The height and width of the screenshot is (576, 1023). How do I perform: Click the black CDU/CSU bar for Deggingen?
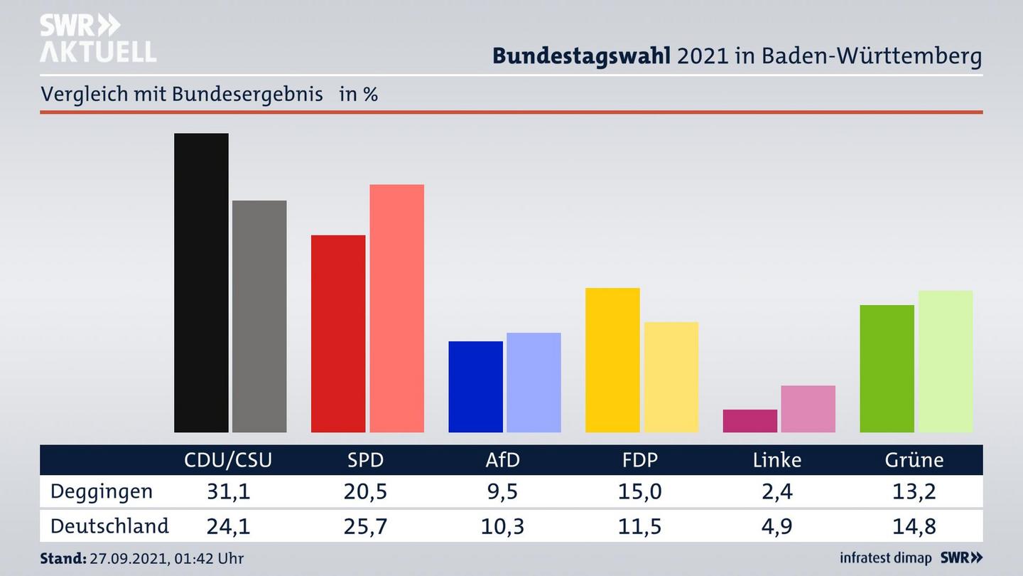(x=201, y=282)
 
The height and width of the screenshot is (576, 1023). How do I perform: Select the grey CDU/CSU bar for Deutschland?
(x=259, y=316)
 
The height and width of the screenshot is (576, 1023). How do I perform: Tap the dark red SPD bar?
(x=338, y=334)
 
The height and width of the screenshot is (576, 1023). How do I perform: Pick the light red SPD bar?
(x=396, y=308)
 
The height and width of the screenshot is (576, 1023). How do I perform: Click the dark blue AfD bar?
(x=475, y=387)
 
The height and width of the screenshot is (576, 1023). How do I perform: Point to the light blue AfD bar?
(x=534, y=383)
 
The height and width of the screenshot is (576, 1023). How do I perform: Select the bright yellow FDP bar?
(x=612, y=360)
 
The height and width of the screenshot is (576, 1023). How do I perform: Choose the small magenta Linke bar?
(x=749, y=421)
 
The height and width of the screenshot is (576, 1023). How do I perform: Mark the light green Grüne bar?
(x=945, y=361)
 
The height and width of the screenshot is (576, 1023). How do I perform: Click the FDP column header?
(x=639, y=460)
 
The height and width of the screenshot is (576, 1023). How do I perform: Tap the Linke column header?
(x=776, y=460)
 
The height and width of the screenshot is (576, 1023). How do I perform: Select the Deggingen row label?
(x=102, y=491)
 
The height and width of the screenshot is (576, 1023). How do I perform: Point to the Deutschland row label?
(x=109, y=526)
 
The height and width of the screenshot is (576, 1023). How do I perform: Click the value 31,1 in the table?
(x=228, y=491)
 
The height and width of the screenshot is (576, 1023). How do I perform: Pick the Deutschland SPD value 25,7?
(x=366, y=526)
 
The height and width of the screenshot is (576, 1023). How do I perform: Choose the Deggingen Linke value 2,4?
(x=776, y=491)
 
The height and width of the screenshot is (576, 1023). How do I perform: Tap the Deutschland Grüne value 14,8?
(x=914, y=526)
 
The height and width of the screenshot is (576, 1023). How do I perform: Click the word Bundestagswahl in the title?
(x=581, y=56)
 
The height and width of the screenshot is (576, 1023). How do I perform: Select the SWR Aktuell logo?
(x=97, y=38)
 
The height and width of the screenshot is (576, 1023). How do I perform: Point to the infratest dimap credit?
(x=886, y=558)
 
